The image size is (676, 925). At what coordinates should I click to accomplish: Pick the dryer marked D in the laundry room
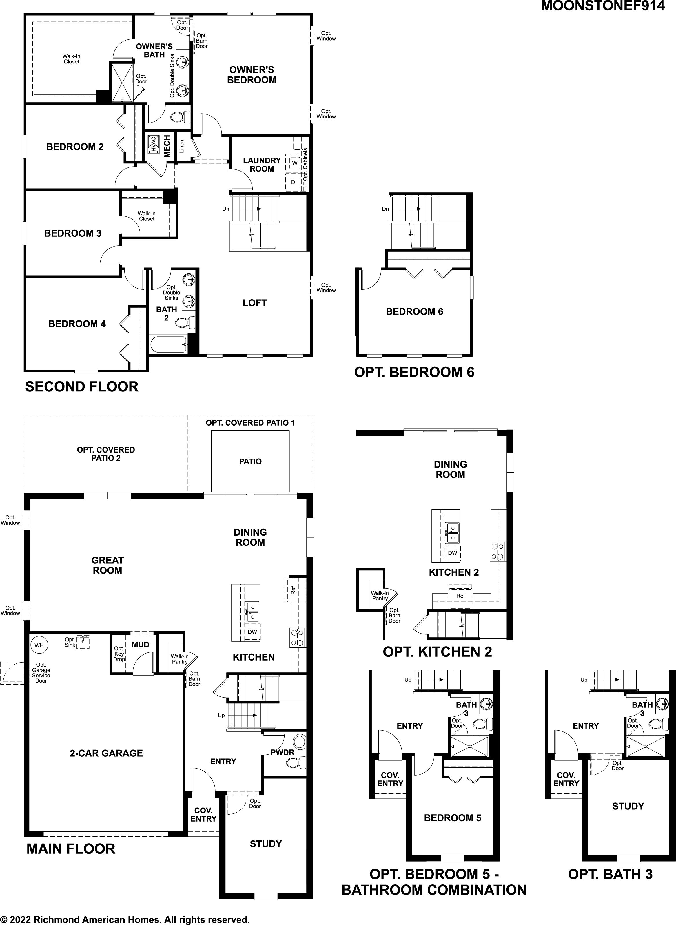point(293,182)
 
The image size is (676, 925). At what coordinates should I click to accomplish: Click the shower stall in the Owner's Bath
point(122,82)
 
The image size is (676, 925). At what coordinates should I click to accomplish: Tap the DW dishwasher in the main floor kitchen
point(252,632)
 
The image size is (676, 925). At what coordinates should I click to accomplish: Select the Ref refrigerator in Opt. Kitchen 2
point(461,596)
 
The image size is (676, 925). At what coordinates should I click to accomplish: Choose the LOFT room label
point(254,303)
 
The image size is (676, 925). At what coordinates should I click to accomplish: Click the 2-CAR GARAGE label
point(106,753)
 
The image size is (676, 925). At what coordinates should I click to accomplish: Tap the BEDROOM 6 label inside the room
point(415,311)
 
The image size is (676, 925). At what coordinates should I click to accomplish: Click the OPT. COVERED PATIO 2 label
point(106,454)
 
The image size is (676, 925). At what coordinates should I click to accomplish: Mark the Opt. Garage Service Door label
point(41,673)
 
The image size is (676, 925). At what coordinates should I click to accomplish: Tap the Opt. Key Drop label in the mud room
point(119,654)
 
